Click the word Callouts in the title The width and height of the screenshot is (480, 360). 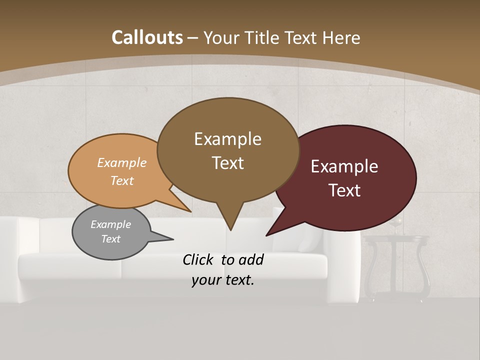click(x=147, y=37)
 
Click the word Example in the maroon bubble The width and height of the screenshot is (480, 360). click(x=344, y=166)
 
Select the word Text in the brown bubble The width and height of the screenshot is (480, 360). click(x=228, y=163)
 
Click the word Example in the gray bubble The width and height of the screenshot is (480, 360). click(x=110, y=224)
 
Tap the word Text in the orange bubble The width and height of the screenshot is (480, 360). click(x=122, y=180)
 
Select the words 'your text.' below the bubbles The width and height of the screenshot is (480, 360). click(x=223, y=280)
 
